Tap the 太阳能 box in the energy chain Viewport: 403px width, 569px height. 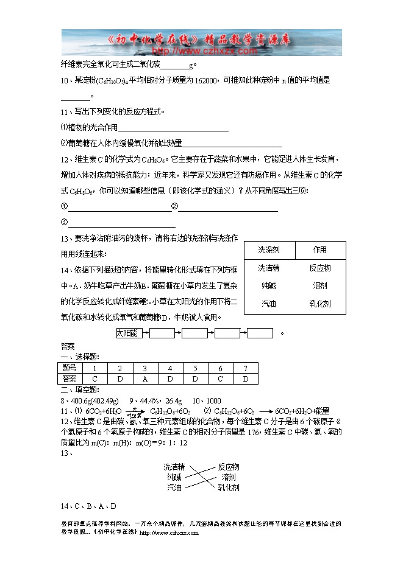pyautogui.click(x=129, y=333)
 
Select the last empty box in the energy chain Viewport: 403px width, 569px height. pyautogui.click(x=260, y=333)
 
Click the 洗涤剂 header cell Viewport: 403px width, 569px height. pyautogui.click(x=269, y=250)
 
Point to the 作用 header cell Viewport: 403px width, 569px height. pyautogui.click(x=320, y=250)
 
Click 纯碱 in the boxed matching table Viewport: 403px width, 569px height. pyautogui.click(x=269, y=285)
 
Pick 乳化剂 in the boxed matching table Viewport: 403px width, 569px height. pyautogui.click(x=320, y=304)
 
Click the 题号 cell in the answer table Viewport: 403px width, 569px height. pyautogui.click(x=70, y=368)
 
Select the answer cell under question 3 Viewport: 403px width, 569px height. pyautogui.click(x=144, y=379)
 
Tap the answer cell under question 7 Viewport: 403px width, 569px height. pyautogui.click(x=245, y=379)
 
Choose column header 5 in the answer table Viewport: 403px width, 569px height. pyautogui.click(x=195, y=368)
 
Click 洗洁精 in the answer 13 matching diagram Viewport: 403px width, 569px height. pyautogui.click(x=174, y=467)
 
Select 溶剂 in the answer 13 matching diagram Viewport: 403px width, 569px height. pyautogui.click(x=229, y=477)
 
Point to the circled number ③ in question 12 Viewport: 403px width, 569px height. pyautogui.click(x=64, y=223)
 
